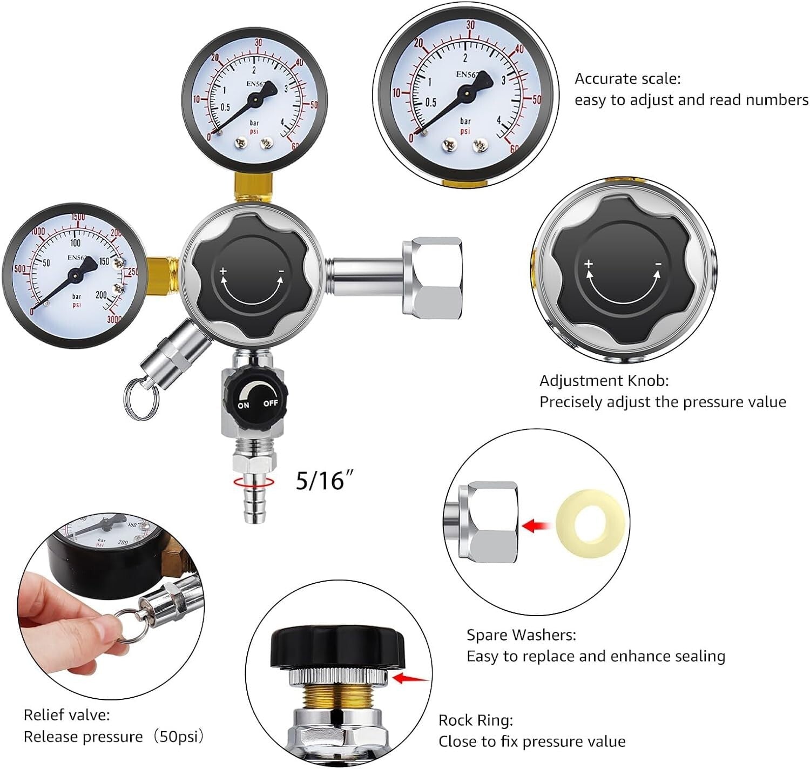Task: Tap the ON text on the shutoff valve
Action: pos(244,404)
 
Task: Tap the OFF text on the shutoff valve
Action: pos(271,403)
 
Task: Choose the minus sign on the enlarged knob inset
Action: pos(658,264)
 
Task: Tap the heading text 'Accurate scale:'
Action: pos(627,79)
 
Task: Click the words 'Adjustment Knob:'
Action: pos(604,381)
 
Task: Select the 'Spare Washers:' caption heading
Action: pos(521,635)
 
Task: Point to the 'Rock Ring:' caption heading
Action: pos(475,720)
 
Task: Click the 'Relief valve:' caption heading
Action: pos(66,715)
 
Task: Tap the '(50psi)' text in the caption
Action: pos(179,737)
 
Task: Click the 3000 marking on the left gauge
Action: pos(115,319)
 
